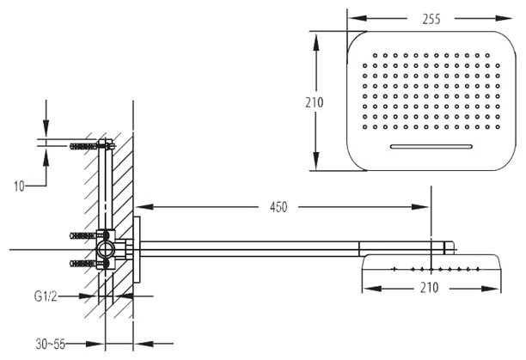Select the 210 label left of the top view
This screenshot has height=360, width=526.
[x=314, y=101]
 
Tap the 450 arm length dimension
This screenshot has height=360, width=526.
[x=278, y=206]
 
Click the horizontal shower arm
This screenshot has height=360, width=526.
[x=284, y=249]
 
